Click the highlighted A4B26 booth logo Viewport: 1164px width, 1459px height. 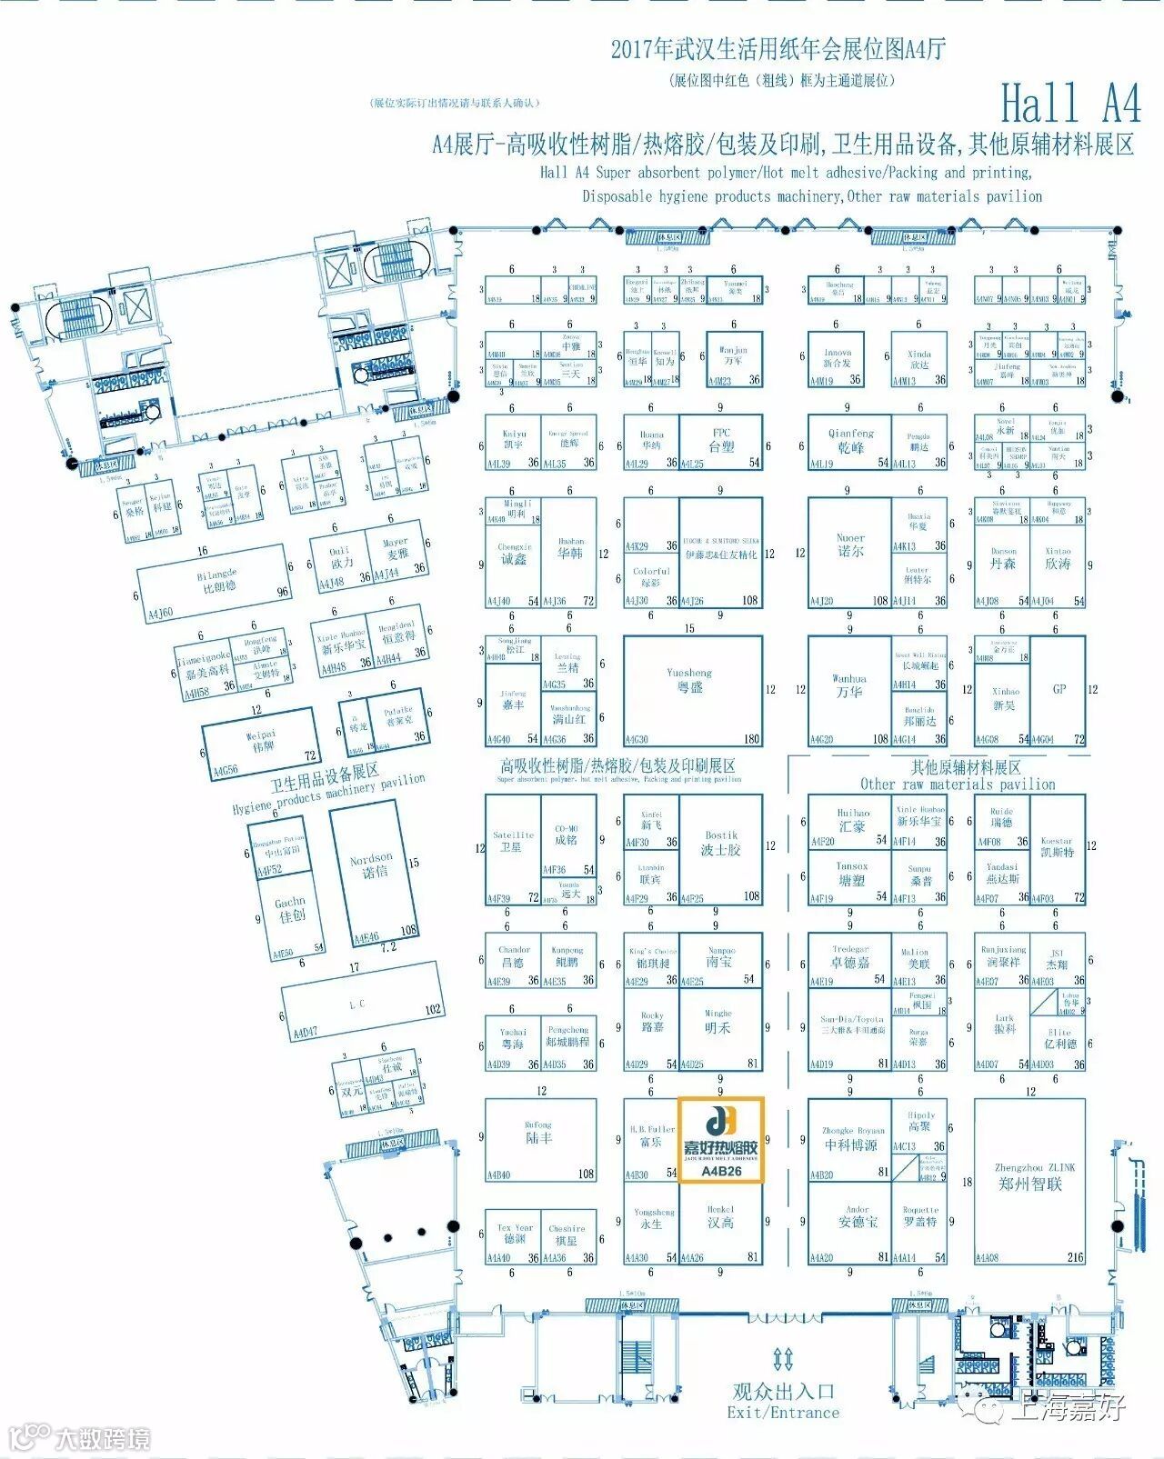721,1139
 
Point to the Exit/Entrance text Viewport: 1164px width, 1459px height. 783,1413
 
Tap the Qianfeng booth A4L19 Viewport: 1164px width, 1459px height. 850,442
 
